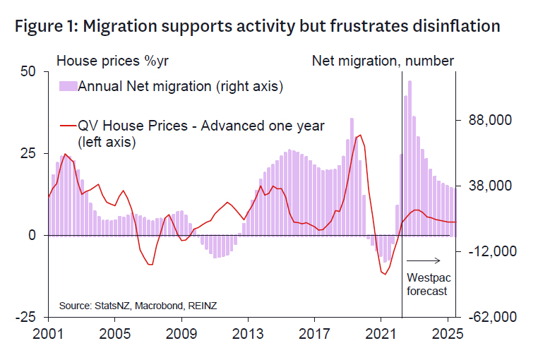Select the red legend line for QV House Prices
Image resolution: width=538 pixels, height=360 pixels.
[x=68, y=126]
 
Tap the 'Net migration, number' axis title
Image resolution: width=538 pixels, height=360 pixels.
[x=383, y=60]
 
